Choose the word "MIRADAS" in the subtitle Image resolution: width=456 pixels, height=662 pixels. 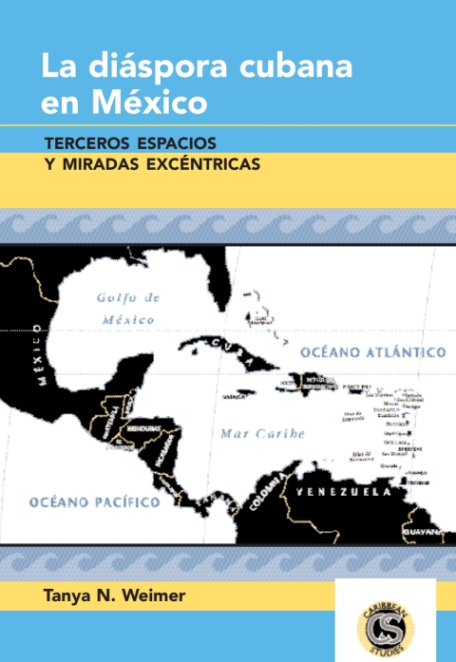click(104, 163)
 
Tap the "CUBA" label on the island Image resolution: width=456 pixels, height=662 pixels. click(229, 344)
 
